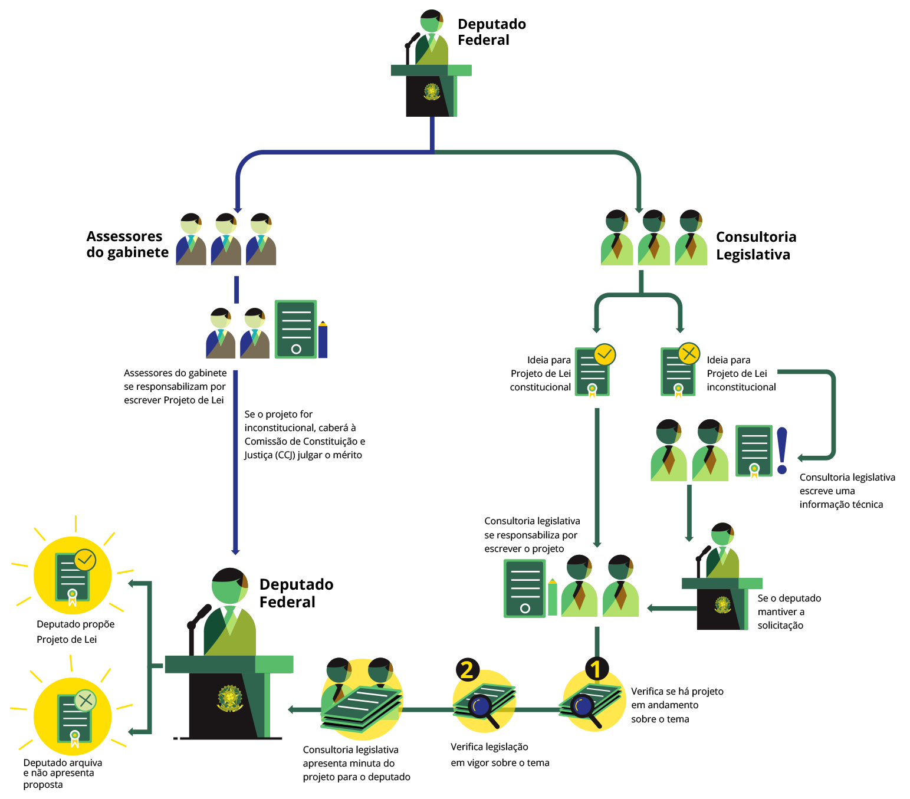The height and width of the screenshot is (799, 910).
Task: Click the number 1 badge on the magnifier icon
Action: click(x=596, y=669)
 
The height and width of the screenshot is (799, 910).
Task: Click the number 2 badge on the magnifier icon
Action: click(x=467, y=670)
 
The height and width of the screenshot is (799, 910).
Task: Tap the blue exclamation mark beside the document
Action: click(x=782, y=451)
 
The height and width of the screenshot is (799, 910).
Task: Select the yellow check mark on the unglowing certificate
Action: click(x=605, y=354)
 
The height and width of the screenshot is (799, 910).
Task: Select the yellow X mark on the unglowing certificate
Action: click(x=689, y=353)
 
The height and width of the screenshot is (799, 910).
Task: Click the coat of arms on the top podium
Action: click(x=432, y=92)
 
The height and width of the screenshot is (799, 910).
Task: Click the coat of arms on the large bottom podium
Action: click(x=230, y=698)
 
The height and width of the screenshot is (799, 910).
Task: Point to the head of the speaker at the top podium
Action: click(x=432, y=22)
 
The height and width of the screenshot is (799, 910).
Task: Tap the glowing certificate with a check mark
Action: click(x=73, y=575)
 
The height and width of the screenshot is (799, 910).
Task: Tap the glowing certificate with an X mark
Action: click(x=73, y=716)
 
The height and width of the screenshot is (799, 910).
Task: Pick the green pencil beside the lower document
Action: click(x=553, y=597)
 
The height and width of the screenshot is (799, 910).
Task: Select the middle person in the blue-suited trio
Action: click(x=226, y=239)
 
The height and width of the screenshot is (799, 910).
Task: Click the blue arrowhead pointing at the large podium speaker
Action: click(x=235, y=552)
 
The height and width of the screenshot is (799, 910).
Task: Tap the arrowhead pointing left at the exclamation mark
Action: click(x=801, y=458)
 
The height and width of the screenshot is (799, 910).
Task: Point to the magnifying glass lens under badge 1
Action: click(x=583, y=705)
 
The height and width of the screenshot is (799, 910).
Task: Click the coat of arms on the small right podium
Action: click(x=722, y=605)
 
